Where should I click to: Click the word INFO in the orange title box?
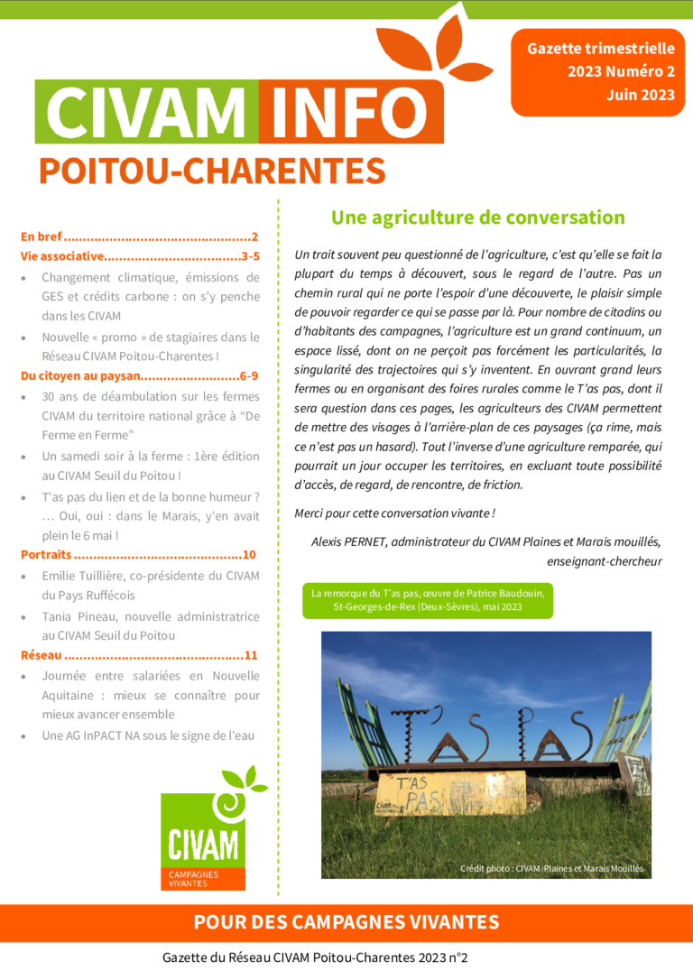[x=351, y=112]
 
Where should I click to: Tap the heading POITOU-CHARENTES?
[x=212, y=171]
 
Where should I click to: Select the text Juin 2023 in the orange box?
[x=640, y=95]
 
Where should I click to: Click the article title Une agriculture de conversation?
[x=477, y=217]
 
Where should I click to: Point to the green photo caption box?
[x=428, y=600]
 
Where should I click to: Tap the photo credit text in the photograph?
[x=551, y=868]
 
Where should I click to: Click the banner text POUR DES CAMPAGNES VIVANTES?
[x=346, y=922]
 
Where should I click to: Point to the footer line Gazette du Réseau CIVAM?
[x=315, y=958]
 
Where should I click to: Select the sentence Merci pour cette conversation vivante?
[x=394, y=513]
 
